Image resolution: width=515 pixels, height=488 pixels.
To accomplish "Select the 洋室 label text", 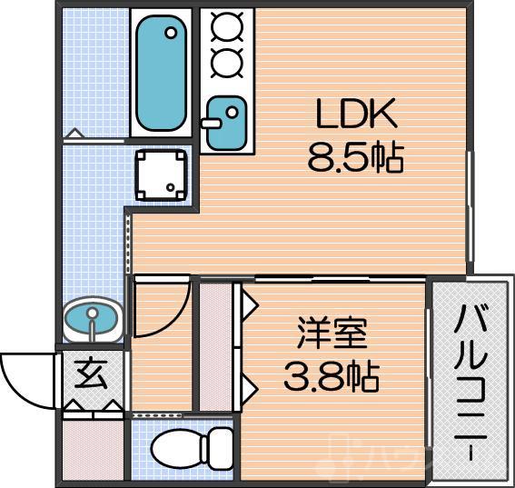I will coord(332,333).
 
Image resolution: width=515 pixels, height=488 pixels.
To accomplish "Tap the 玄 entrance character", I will coord(91,373).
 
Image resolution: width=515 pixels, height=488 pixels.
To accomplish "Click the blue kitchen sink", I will coord(223,125).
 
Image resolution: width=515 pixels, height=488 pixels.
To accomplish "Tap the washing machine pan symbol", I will coord(162,173).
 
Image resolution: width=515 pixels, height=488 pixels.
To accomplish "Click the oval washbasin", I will coord(93,320).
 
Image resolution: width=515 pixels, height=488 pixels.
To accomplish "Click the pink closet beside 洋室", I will coord(216,347).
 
